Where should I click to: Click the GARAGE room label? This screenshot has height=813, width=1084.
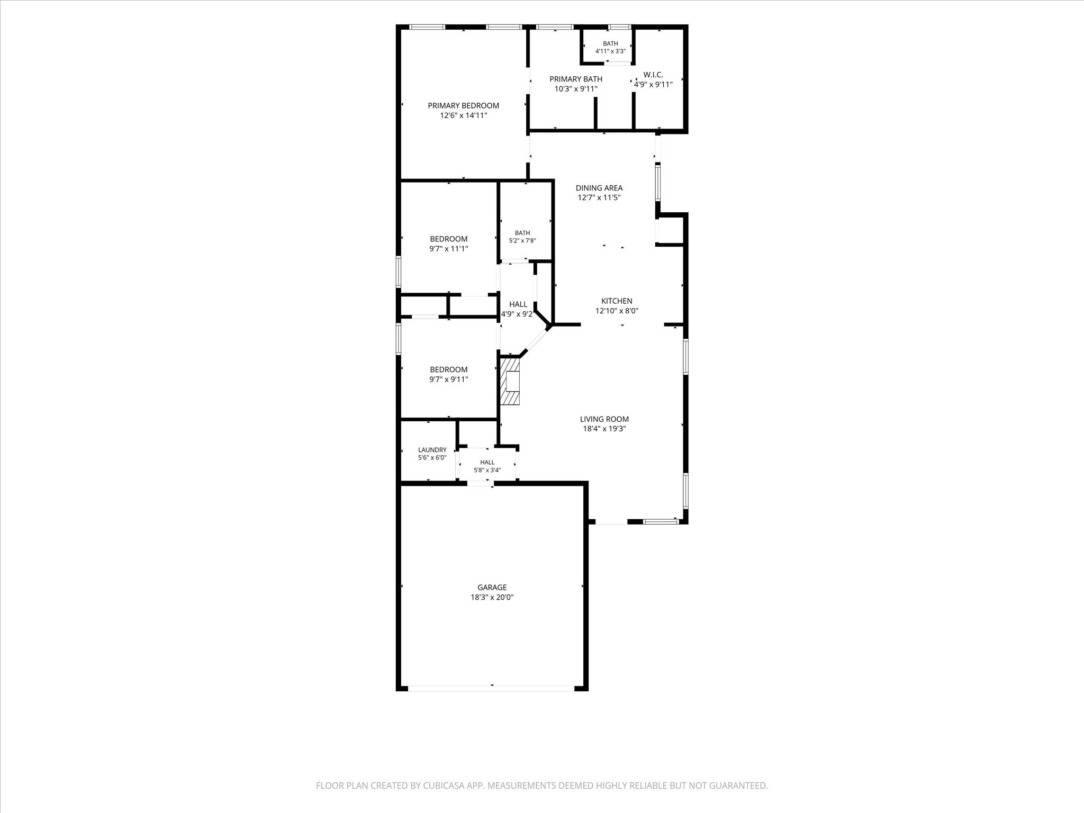click(492, 587)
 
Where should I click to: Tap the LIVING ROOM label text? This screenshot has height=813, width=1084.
click(604, 419)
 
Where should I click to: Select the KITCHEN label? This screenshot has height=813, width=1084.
click(617, 301)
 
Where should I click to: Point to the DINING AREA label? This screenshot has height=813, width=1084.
click(599, 188)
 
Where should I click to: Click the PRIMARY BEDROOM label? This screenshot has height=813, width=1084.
click(464, 105)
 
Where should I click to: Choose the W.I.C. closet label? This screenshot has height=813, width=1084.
click(653, 75)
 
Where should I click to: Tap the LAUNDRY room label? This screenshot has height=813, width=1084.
click(432, 450)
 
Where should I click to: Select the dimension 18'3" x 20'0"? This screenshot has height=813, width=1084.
click(492, 597)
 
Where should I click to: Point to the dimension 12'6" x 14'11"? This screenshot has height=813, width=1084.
click(464, 115)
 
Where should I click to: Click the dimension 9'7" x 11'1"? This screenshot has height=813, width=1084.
click(449, 249)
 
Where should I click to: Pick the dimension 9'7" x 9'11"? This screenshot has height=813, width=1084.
click(449, 380)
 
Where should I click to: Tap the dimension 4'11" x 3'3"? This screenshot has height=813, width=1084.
click(610, 51)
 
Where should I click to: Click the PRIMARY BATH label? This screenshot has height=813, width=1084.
click(576, 79)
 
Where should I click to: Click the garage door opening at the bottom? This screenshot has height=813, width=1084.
click(492, 689)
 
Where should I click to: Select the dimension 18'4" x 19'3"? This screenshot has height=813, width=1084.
click(604, 429)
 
